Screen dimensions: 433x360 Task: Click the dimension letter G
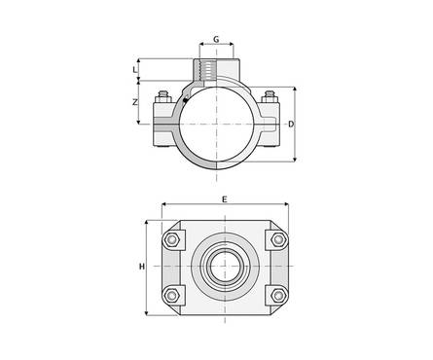[x=216, y=39]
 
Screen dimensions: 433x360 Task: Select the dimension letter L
[x=135, y=69]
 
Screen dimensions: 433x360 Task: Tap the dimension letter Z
[x=135, y=102]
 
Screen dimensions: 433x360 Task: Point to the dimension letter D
[x=291, y=124]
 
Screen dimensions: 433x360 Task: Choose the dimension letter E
[x=225, y=199]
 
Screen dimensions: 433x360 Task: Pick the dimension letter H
[x=142, y=267]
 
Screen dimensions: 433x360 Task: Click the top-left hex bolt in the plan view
[x=171, y=240]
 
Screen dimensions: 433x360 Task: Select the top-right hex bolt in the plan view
[x=278, y=239]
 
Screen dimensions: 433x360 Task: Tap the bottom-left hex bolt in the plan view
[x=171, y=295]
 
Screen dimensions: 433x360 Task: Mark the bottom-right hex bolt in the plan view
[x=278, y=295]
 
